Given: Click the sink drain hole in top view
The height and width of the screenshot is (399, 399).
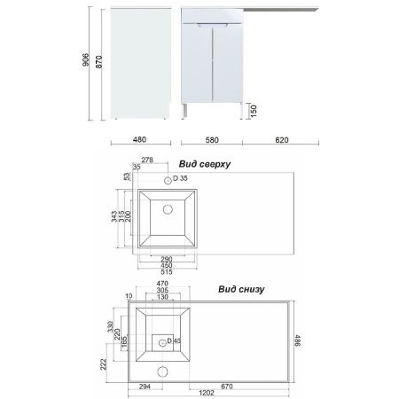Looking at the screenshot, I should point(166,211).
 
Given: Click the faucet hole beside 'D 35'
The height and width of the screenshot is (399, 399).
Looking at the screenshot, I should point(166,179).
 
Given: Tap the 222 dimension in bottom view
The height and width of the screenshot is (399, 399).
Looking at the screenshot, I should point(105,363).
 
